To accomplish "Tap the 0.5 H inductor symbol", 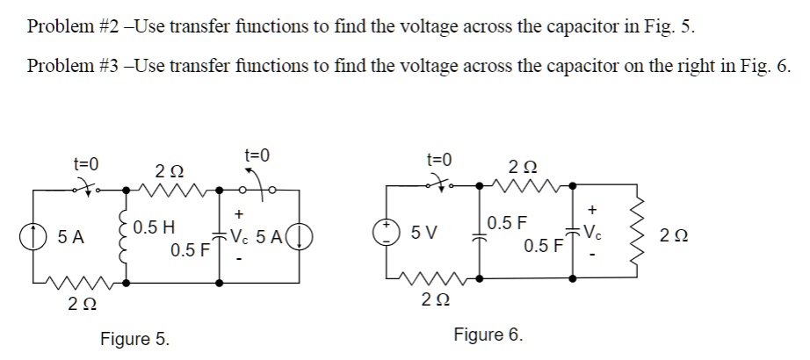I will point(125,235).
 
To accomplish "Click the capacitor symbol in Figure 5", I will point(218,235).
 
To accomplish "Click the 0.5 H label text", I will point(155,227).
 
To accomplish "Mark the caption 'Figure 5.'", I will point(135,339).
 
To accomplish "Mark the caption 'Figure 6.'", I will point(488,335).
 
